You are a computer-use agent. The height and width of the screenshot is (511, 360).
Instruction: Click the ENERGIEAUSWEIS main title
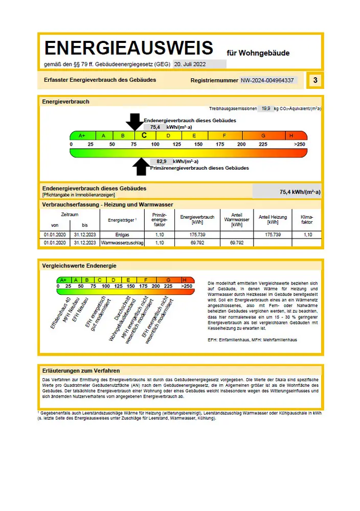coord(128,48)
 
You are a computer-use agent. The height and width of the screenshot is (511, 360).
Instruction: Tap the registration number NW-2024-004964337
coord(267,80)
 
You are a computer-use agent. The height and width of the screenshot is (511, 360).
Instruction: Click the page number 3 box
coord(315,80)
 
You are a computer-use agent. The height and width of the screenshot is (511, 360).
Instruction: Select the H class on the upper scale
coord(291,135)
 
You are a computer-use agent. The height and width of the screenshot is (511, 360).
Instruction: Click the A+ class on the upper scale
coord(82,135)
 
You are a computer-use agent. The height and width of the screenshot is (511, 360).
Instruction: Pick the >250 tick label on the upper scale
coord(299,145)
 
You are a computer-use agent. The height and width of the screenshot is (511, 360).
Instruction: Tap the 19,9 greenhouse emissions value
coord(265,109)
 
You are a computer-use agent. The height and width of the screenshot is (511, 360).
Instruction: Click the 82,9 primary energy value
coord(162,161)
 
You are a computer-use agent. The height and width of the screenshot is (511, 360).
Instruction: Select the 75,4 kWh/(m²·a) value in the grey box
coord(300,192)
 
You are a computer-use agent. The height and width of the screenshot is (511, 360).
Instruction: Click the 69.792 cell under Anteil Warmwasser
coord(236,243)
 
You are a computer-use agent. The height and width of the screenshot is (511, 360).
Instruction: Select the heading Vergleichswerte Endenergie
coord(79,266)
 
